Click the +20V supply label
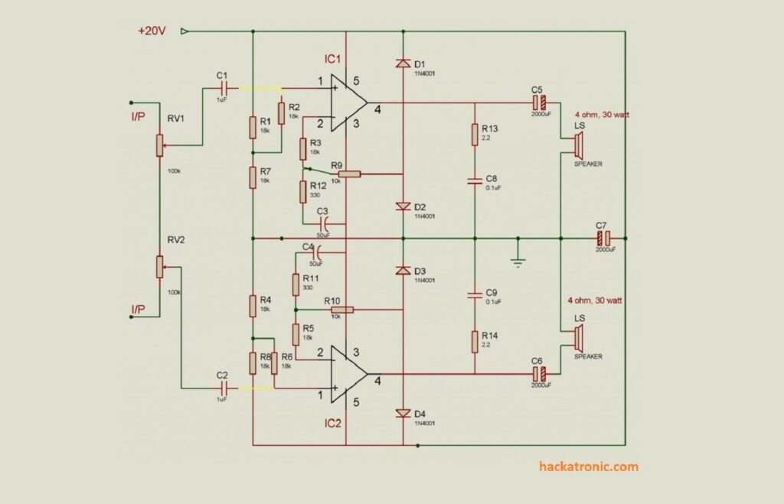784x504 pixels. (x=152, y=31)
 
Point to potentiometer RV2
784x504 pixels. (x=159, y=267)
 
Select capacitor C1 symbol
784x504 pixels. (x=223, y=89)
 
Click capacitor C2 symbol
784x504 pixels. (x=223, y=389)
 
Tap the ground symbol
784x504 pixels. (x=518, y=261)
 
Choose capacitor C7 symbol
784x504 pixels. (x=603, y=239)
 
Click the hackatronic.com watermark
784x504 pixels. (x=588, y=467)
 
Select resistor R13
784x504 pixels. (x=475, y=135)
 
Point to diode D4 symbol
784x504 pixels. (x=403, y=413)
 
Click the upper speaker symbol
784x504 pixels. (x=578, y=144)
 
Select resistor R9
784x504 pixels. (x=349, y=174)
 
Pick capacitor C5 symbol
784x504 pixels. (x=539, y=102)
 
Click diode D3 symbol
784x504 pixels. (x=403, y=271)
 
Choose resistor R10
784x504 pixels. (x=341, y=310)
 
